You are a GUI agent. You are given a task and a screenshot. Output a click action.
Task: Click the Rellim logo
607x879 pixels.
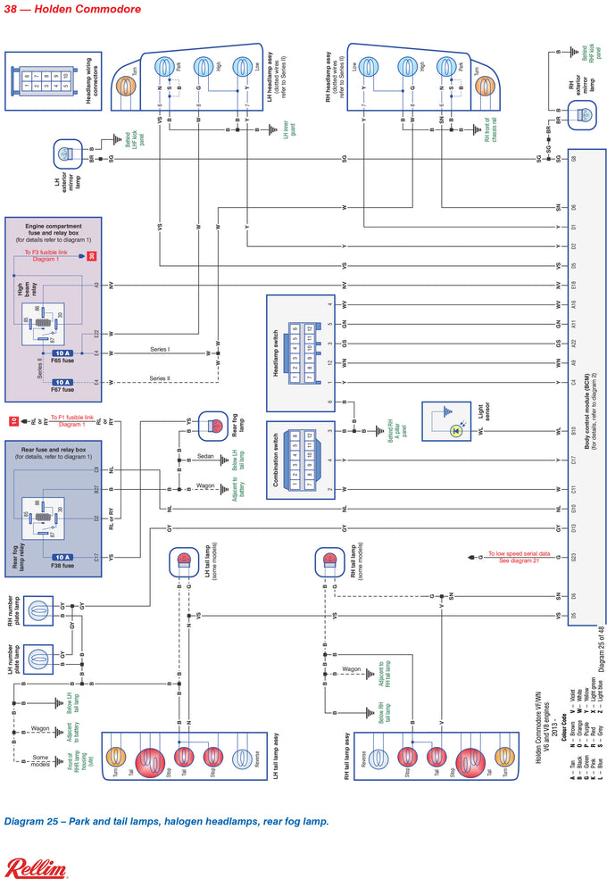[37, 867]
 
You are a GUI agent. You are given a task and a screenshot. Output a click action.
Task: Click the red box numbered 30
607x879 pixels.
[91, 257]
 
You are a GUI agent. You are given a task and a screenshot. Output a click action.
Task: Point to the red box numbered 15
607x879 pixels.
[13, 420]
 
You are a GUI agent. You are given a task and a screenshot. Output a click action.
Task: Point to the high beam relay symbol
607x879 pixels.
[43, 322]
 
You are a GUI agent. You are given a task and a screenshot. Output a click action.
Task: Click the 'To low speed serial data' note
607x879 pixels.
[518, 557]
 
